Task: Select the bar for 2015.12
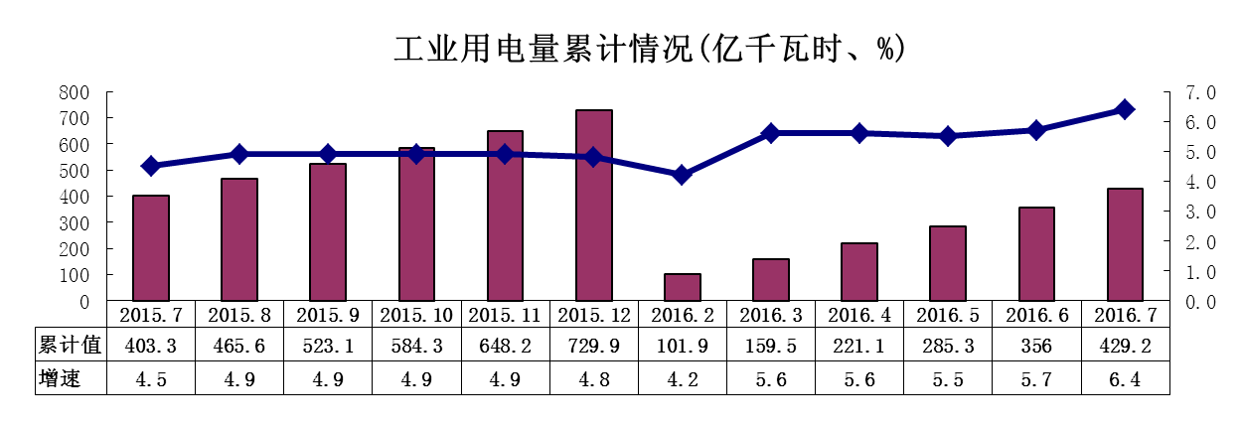coord(594,205)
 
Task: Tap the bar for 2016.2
coord(683,286)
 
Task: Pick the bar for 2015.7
coord(151,247)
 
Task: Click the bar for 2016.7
coord(1125,243)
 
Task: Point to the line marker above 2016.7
coord(1125,109)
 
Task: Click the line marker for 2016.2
coord(683,175)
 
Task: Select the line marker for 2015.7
coord(151,166)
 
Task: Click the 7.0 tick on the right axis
coord(1200,92)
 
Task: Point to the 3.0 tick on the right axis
coord(1200,212)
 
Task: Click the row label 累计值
coord(70,346)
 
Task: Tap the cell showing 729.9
coord(594,346)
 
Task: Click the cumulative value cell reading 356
coord(1036,346)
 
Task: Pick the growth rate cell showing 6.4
coord(1125,378)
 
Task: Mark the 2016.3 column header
coord(771,314)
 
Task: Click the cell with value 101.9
coord(683,346)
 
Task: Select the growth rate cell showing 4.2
coord(683,378)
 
